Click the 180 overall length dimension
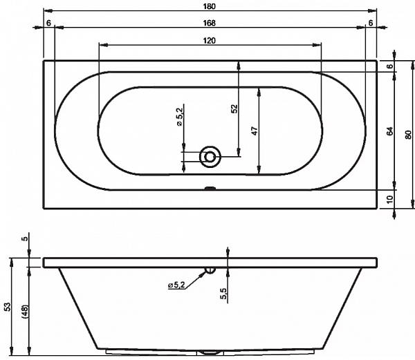pyautogui.click(x=210, y=6)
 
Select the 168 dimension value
pyautogui.click(x=210, y=23)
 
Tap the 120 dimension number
pyautogui.click(x=210, y=41)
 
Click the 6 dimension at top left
pyautogui.click(x=48, y=23)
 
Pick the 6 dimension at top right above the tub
pyautogui.click(x=371, y=23)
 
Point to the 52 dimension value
pyautogui.click(x=234, y=109)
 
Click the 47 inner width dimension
pyautogui.click(x=255, y=131)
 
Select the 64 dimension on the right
pyautogui.click(x=390, y=131)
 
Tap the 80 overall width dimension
pyautogui.click(x=409, y=135)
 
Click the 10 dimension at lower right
pyautogui.click(x=390, y=199)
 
